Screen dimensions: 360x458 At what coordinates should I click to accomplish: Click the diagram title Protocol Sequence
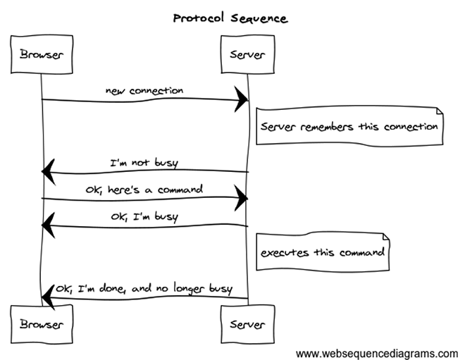tap(230, 18)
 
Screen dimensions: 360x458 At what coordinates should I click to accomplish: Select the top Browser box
tap(42, 54)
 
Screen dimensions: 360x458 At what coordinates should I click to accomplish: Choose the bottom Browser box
tap(42, 325)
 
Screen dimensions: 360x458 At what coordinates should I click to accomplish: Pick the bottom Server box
tap(247, 325)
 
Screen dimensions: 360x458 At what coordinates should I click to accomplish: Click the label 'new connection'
tap(144, 90)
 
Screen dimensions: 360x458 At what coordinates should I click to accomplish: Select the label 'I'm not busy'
tap(144, 162)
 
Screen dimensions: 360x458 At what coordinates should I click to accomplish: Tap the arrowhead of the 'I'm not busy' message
tap(48, 170)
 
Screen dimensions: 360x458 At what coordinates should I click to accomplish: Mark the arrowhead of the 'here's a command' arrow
tap(242, 199)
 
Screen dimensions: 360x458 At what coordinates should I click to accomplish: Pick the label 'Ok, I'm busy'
tap(144, 216)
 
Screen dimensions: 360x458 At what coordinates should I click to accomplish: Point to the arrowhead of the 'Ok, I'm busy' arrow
tap(48, 225)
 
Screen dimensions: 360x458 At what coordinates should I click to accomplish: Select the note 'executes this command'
tap(322, 252)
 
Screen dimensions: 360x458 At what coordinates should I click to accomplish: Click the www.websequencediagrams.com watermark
tap(377, 352)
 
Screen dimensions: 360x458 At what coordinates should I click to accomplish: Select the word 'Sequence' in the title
tap(261, 18)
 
